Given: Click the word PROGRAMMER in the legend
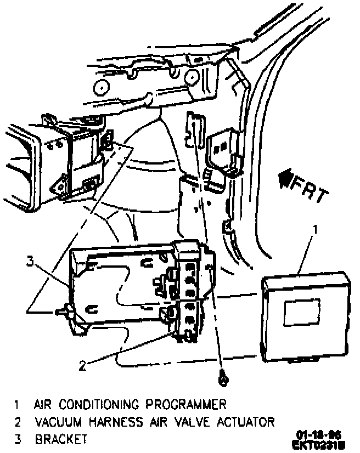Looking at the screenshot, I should (186, 405).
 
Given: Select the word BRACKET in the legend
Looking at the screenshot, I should (61, 440).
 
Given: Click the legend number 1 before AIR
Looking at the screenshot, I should (18, 405).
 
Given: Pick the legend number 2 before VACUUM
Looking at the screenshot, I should (18, 422).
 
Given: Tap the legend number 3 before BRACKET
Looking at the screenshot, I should (18, 440).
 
